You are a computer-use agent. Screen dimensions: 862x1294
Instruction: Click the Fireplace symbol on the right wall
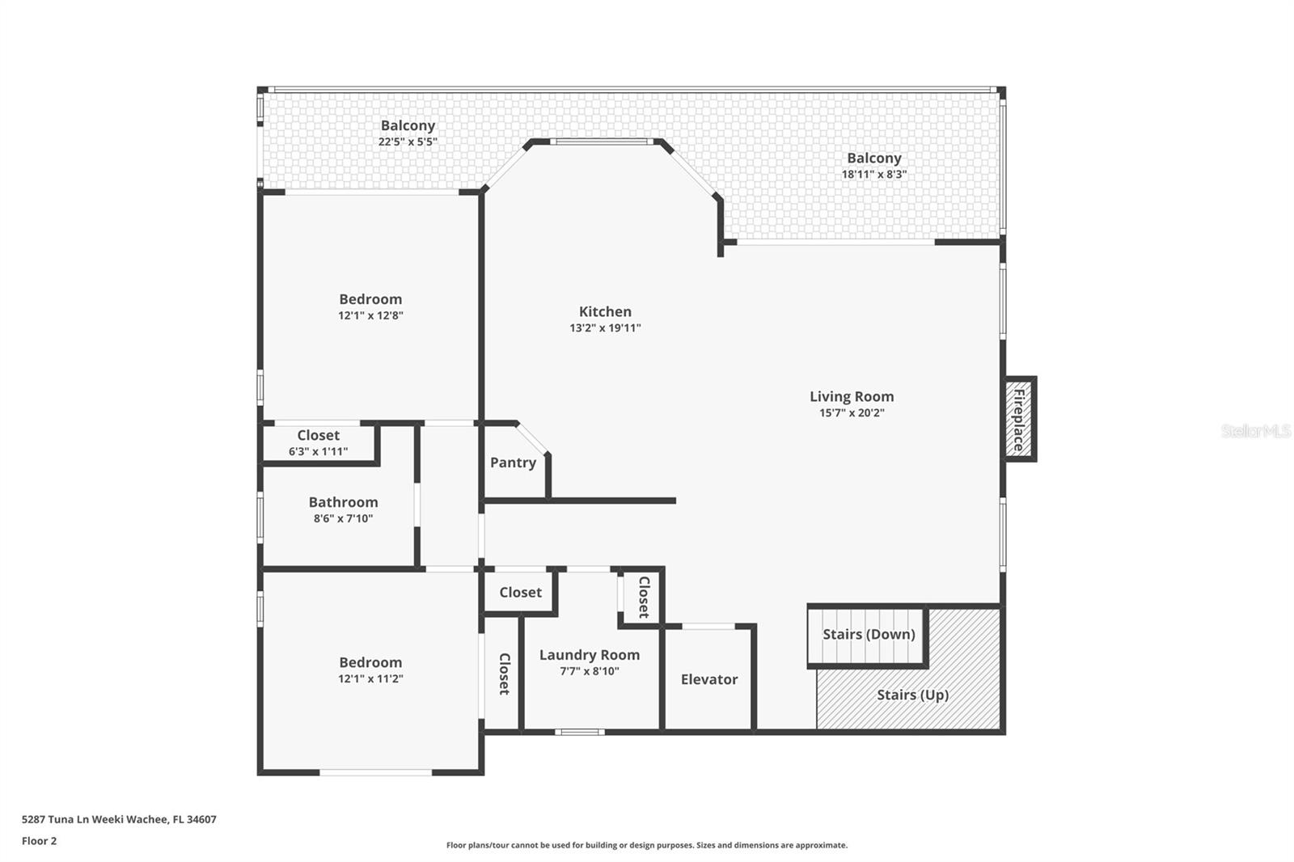tap(1019, 420)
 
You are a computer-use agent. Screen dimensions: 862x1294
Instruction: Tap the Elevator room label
tap(708, 679)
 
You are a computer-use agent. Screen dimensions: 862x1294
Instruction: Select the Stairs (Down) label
tap(869, 634)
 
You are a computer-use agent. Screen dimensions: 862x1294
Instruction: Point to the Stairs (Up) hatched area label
tap(912, 695)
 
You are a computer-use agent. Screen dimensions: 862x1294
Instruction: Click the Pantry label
tap(513, 463)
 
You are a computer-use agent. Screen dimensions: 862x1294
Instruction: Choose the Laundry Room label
tap(589, 655)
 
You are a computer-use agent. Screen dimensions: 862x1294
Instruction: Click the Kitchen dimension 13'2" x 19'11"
tap(605, 328)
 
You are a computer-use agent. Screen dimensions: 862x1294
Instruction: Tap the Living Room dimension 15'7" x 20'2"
tap(852, 413)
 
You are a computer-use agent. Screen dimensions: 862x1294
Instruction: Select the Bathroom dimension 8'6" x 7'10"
tap(343, 519)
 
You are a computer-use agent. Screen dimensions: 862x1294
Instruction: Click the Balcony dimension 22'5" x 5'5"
tap(408, 142)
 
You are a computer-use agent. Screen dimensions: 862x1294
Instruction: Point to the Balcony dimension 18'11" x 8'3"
tap(873, 175)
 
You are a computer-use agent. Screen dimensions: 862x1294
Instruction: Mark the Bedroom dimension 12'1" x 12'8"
tap(370, 316)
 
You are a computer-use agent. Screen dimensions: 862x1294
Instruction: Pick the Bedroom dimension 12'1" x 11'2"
tap(370, 679)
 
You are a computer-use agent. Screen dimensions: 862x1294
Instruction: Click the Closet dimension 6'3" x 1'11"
tap(318, 452)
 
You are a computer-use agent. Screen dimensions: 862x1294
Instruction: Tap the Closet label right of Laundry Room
tap(644, 597)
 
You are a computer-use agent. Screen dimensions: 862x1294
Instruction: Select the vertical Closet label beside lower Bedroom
tap(504, 674)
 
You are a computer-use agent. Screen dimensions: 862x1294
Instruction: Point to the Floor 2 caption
tap(39, 841)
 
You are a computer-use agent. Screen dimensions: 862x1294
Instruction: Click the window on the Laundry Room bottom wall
tap(580, 733)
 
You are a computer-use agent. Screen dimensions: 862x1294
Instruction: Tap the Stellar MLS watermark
tap(1255, 431)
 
